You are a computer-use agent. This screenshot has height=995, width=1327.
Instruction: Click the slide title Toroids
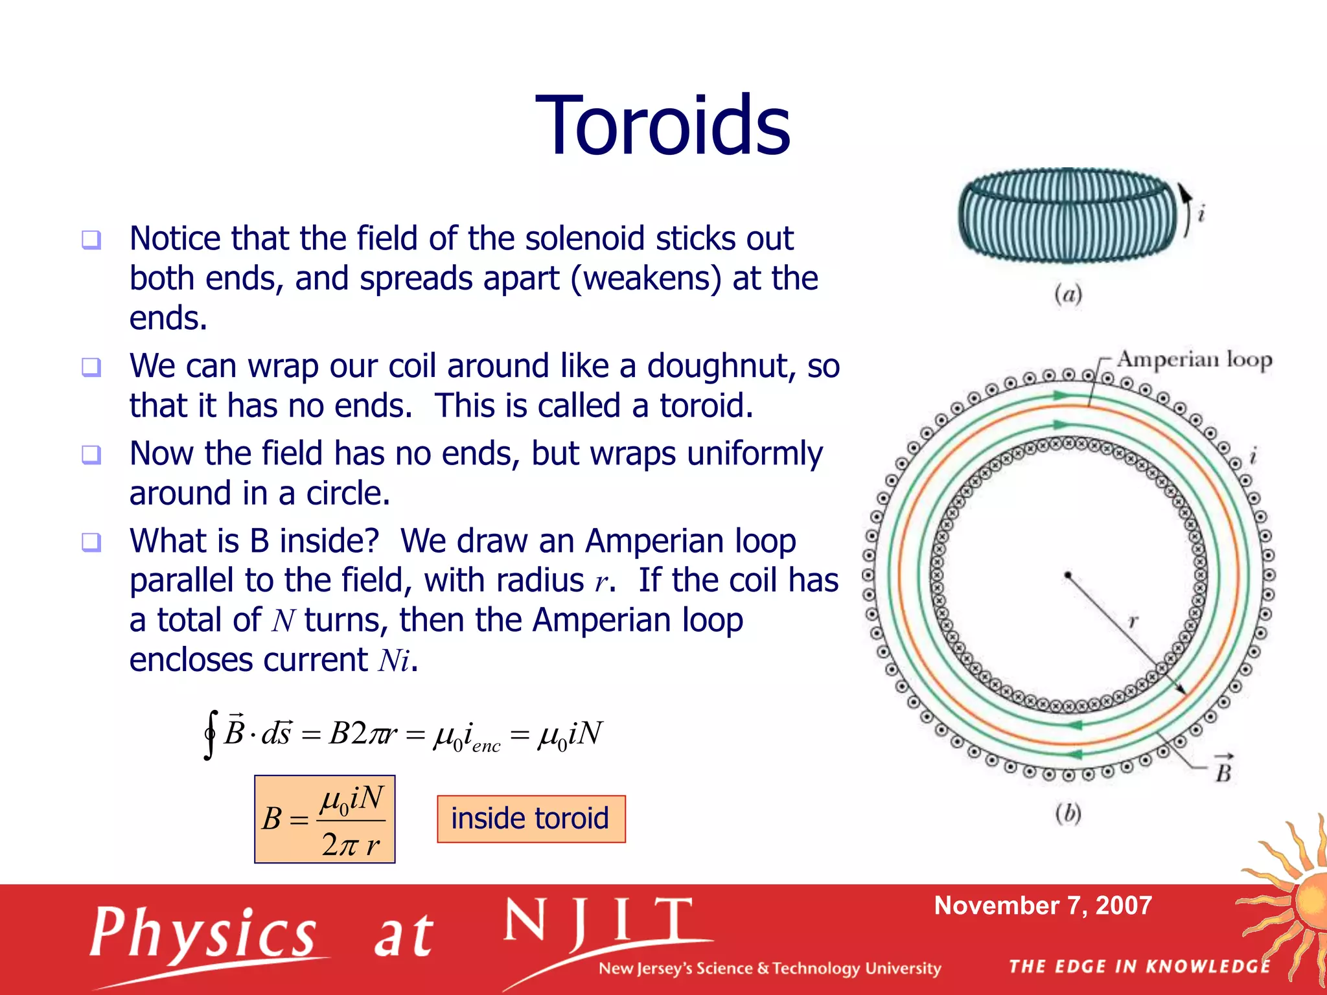[x=662, y=126]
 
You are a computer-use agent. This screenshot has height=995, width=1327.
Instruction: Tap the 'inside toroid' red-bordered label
[x=531, y=819]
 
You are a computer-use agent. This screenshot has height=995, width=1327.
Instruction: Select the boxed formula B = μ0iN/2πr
[x=325, y=819]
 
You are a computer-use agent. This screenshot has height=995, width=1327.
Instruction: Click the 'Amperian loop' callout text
[x=1194, y=359]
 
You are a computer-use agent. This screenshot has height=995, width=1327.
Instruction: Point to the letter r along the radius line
[x=1133, y=621]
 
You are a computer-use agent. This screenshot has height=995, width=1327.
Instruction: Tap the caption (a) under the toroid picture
[x=1068, y=294]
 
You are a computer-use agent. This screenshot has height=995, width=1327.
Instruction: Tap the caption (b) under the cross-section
[x=1068, y=813]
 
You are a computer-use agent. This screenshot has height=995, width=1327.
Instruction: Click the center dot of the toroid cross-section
[x=1067, y=575]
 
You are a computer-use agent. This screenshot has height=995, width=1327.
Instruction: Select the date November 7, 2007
[x=1043, y=906]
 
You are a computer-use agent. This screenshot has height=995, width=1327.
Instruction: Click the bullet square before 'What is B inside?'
[x=91, y=542]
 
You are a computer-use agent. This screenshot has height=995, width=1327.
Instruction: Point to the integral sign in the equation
[x=209, y=734]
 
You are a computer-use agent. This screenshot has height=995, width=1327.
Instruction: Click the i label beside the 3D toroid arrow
[x=1201, y=213]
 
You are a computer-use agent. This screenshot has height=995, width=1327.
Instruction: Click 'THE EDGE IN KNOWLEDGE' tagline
[x=1139, y=966]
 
